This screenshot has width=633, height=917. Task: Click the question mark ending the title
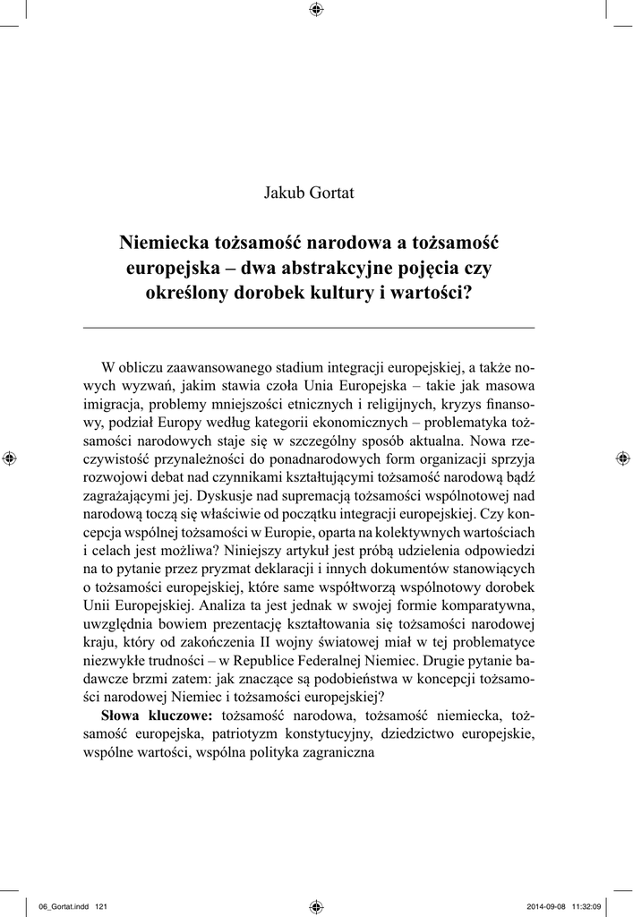pos(467,294)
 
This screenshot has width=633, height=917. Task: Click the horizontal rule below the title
pos(309,329)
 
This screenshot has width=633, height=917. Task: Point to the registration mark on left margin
pos(10,458)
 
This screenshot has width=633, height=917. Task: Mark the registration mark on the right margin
pos(622,458)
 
